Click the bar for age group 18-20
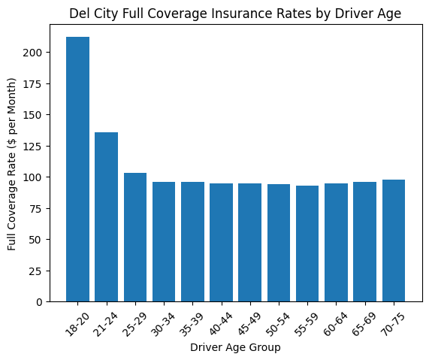pyautogui.click(x=77, y=169)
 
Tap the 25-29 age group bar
pyautogui.click(x=134, y=237)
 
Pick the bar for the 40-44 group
pyautogui.click(x=221, y=242)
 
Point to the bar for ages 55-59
pyautogui.click(x=307, y=244)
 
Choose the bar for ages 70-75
pyautogui.click(x=393, y=241)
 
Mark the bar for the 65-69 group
pyautogui.click(x=364, y=241)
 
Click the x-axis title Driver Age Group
pyautogui.click(x=235, y=347)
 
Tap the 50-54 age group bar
pyautogui.click(x=278, y=243)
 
